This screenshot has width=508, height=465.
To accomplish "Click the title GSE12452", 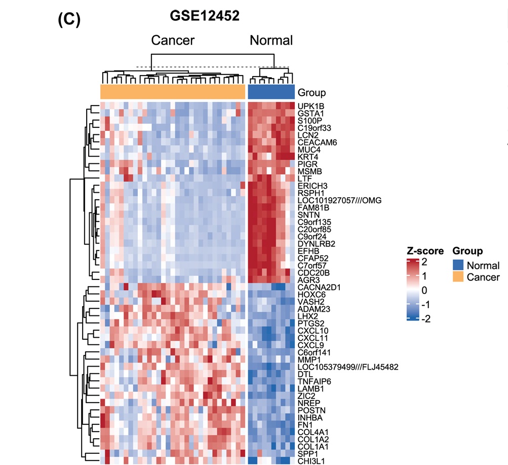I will click(205, 16).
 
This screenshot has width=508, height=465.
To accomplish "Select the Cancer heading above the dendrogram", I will click(173, 41).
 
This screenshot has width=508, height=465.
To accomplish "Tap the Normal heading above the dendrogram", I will click(271, 41).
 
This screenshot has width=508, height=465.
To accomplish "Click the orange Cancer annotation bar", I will click(173, 92).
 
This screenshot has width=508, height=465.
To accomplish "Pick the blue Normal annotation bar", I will click(271, 92).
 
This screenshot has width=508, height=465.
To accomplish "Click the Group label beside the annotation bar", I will click(311, 92).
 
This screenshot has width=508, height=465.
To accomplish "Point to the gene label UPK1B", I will click(310, 106).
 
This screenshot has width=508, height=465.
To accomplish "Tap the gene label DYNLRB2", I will click(317, 244).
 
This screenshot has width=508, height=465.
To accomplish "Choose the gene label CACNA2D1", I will click(319, 288).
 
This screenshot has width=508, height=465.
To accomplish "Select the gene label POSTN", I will click(311, 410).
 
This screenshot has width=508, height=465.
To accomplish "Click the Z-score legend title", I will click(425, 251).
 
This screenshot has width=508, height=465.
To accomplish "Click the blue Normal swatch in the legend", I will click(458, 265).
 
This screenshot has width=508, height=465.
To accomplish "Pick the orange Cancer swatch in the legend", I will click(458, 277).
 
